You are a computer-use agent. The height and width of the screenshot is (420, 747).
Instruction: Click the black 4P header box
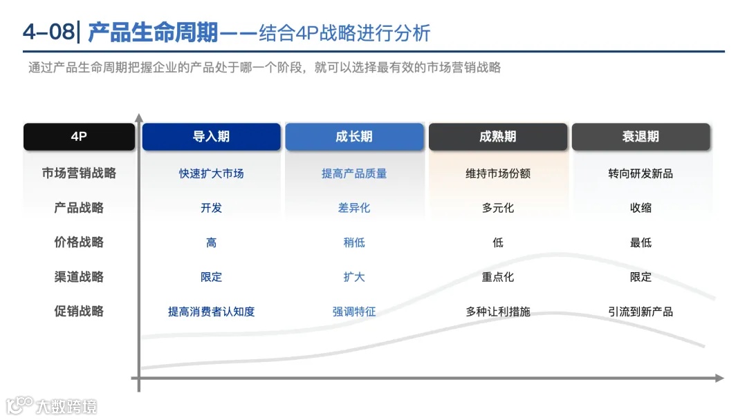click(x=79, y=137)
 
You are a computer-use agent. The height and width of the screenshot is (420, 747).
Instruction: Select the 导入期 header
click(x=211, y=137)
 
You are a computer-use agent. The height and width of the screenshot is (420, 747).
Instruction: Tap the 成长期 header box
click(x=354, y=137)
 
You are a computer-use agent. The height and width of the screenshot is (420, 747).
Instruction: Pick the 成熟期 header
click(x=498, y=137)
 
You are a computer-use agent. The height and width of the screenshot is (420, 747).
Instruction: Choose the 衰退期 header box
click(x=640, y=137)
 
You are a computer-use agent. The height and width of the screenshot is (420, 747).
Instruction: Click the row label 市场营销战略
click(x=79, y=173)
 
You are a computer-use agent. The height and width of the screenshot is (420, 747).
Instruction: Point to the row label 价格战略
click(x=79, y=242)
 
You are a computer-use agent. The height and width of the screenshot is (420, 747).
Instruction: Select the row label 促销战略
click(x=79, y=312)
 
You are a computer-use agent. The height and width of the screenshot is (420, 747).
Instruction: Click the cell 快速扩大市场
click(x=211, y=173)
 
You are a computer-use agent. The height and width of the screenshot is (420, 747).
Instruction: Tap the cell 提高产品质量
click(x=354, y=173)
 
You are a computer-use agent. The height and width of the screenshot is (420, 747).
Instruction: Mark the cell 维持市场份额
click(x=498, y=173)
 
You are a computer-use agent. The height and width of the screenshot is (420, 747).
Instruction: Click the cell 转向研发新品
click(x=640, y=173)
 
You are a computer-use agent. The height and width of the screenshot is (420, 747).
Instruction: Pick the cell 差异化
click(x=354, y=208)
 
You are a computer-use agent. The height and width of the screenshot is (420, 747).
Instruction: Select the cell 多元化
click(x=498, y=208)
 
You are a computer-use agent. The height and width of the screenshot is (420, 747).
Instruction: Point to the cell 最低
click(x=640, y=242)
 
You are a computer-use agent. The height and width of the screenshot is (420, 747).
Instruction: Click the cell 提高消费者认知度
click(x=211, y=312)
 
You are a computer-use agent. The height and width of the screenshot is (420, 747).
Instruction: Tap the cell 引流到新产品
click(x=640, y=312)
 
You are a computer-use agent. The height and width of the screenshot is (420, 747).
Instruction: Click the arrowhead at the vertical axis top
click(x=139, y=117)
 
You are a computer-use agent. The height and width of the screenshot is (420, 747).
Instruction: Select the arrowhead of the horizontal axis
click(x=719, y=378)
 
